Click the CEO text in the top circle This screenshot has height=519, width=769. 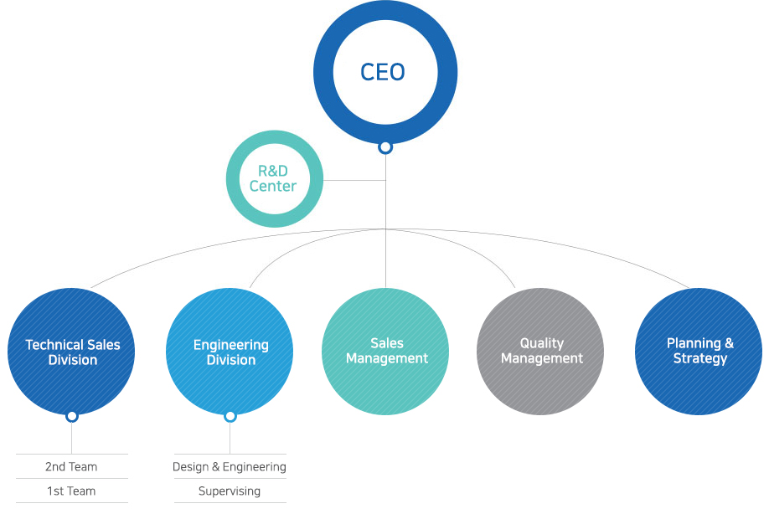pos(383,72)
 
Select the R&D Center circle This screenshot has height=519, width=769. pos(273,178)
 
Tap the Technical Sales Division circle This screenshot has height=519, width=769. pos(72,352)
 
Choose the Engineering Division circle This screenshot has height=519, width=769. pos(230,352)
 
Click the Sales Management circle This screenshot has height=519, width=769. pos(386,352)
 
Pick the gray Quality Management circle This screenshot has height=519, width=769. pos(541,352)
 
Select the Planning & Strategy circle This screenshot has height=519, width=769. pos(699,352)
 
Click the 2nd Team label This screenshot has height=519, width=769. pos(71,466)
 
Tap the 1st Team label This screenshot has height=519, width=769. pos(71,491)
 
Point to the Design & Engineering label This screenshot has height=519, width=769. pos(230,466)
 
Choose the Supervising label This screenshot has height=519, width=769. pos(230,491)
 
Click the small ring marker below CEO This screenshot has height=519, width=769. pos(385,147)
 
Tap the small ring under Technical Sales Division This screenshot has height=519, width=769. pos(72,416)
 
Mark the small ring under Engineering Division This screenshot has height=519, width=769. pos(230,416)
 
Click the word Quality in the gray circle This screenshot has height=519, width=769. pos(542,343)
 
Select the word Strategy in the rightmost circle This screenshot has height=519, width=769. pos(700,358)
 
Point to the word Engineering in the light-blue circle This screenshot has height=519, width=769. pos(231,345)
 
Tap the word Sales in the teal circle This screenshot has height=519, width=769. pos(387,343)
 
